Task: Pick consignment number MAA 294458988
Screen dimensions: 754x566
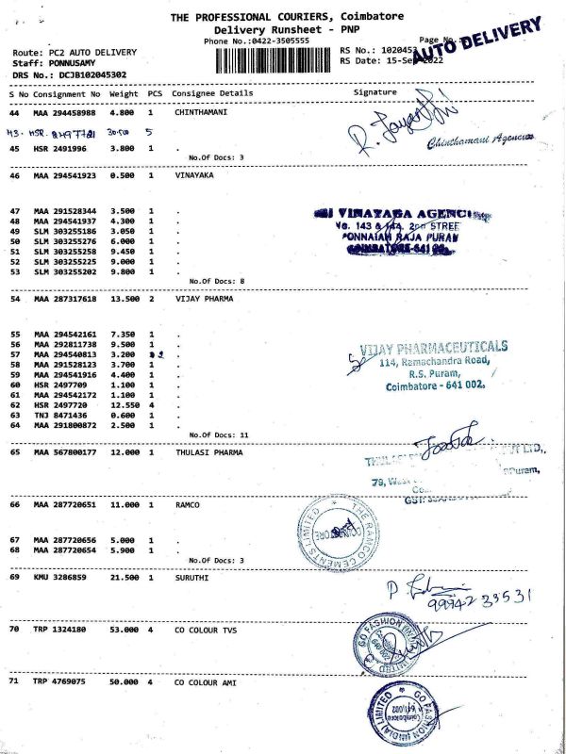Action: [x=66, y=112]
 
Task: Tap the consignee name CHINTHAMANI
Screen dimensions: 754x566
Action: [x=202, y=112]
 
